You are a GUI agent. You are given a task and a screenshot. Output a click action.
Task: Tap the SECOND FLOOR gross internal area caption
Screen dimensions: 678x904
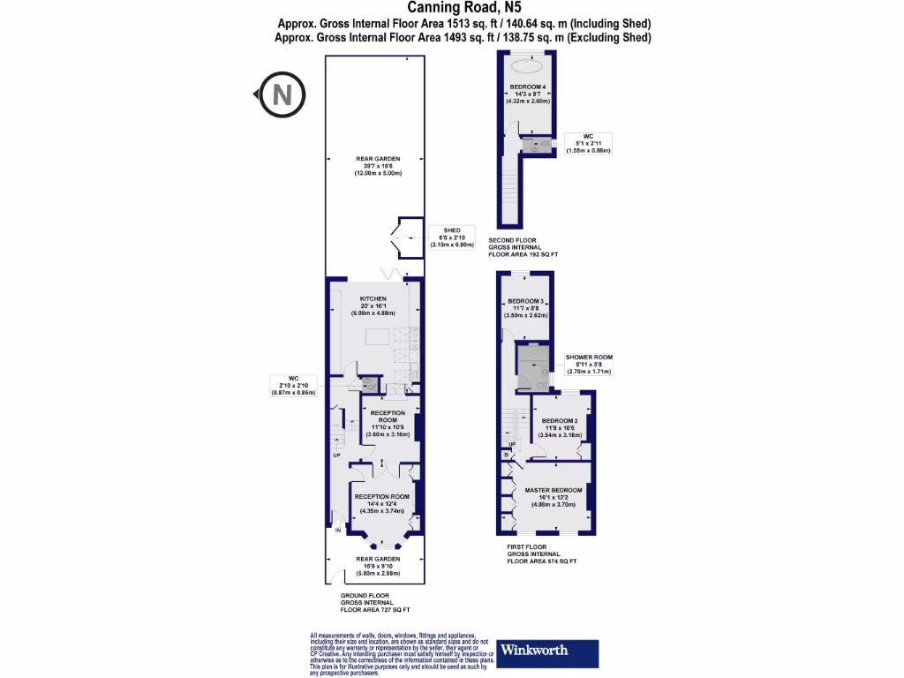[523, 246]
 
